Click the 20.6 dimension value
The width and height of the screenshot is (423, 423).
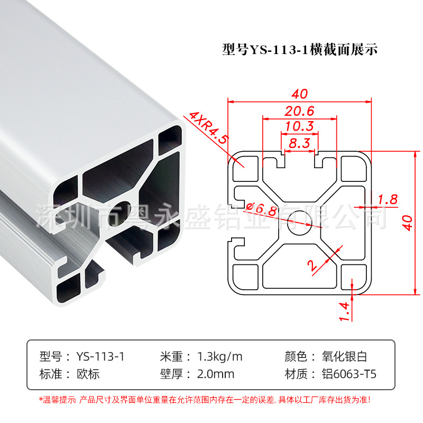299,111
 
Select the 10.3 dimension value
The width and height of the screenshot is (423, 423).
299,126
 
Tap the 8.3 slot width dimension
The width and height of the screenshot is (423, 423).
299,142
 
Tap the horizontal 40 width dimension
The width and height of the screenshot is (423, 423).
299,94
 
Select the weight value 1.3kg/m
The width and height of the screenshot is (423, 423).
219,356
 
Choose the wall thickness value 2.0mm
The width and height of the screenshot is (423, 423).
215,374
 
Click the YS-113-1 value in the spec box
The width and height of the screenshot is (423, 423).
100,356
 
